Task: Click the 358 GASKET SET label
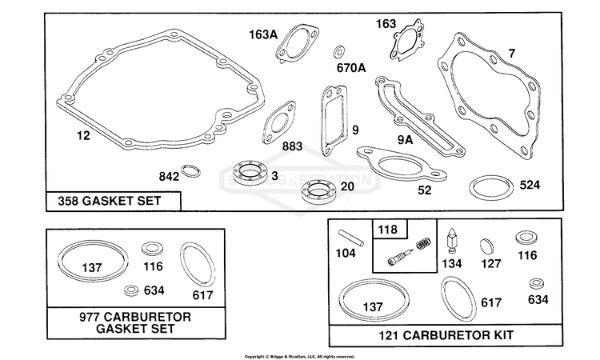(111, 201)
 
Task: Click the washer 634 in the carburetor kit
(536, 284)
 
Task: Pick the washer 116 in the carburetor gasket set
(150, 247)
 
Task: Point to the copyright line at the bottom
(299, 356)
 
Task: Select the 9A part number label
(403, 141)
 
